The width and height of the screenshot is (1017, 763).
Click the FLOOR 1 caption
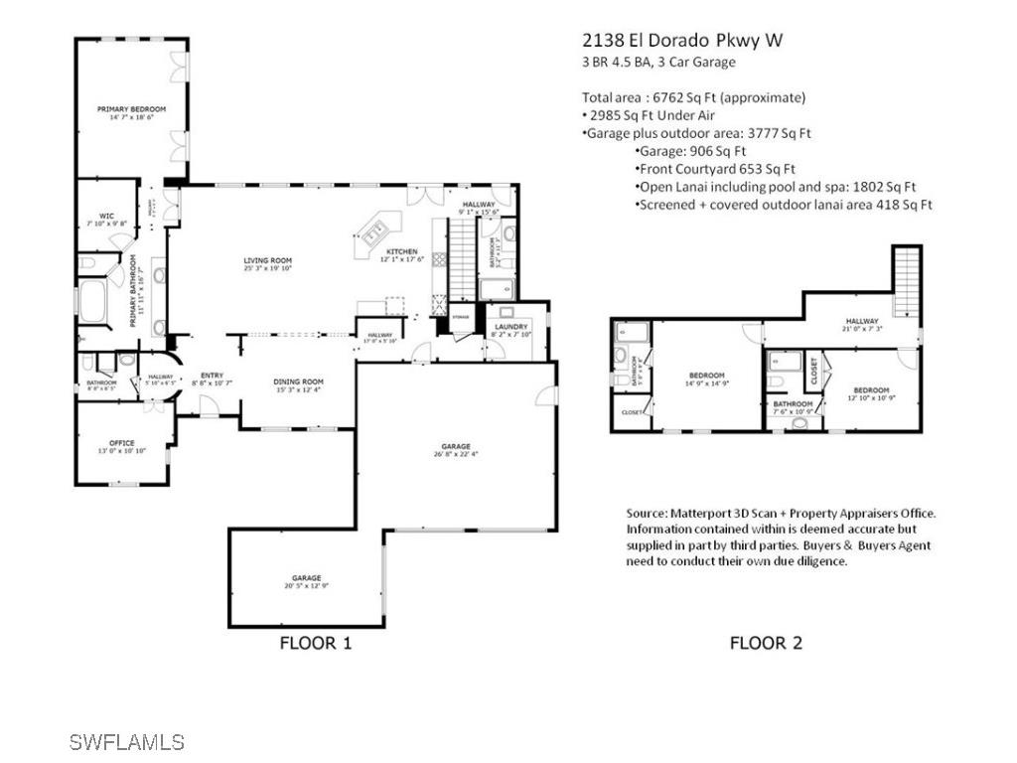coord(315,643)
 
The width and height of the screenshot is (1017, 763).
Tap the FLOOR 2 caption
coord(766,643)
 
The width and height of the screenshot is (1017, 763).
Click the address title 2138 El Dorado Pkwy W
coord(681,41)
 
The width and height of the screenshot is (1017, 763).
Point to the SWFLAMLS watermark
coord(127,741)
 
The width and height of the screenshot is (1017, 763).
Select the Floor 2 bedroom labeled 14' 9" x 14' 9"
coord(705,379)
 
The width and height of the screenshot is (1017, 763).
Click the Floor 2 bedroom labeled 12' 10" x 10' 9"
coord(868,394)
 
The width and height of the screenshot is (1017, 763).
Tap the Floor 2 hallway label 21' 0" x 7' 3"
coord(861,325)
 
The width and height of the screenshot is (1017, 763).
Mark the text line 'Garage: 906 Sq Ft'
coord(689,151)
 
